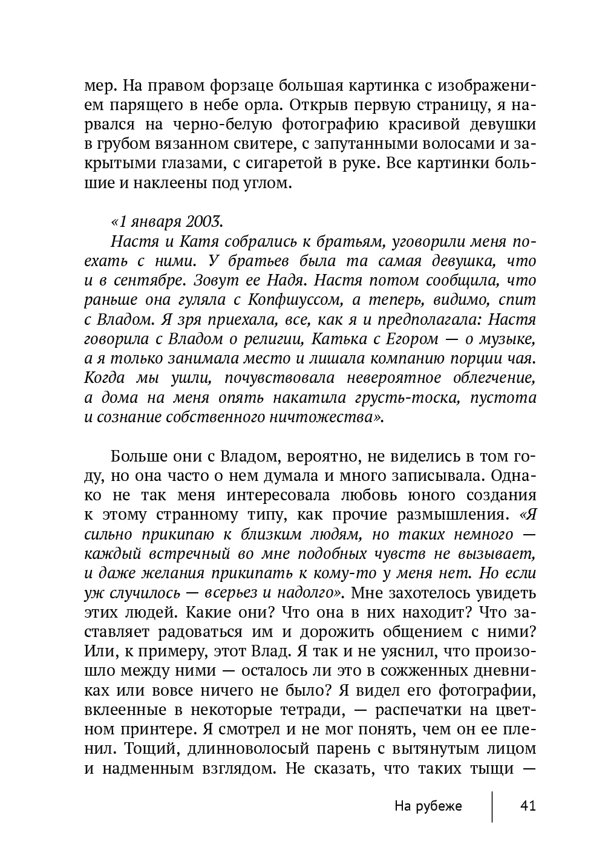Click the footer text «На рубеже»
coord(428,806)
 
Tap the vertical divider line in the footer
coord(492,806)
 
